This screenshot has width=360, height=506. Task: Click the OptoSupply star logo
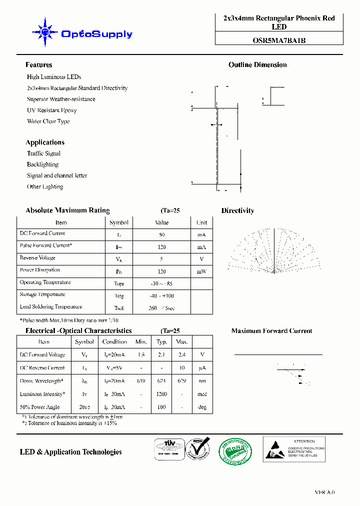pyautogui.click(x=45, y=32)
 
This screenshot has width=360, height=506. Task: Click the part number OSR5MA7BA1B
pyautogui.click(x=279, y=41)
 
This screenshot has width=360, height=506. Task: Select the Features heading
pyautogui.click(x=39, y=65)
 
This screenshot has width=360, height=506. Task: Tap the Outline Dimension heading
pyautogui.click(x=257, y=65)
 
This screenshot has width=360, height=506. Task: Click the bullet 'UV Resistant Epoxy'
pyautogui.click(x=52, y=110)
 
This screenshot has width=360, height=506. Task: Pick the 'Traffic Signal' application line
pyautogui.click(x=43, y=153)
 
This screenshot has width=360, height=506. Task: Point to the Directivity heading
pyautogui.click(x=237, y=211)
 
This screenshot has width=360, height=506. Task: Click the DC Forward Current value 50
pyautogui.click(x=161, y=234)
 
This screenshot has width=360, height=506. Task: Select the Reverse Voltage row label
pyautogui.click(x=37, y=258)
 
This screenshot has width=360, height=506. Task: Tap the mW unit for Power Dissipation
pyautogui.click(x=201, y=271)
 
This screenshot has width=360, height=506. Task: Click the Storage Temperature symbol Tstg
pyautogui.click(x=118, y=296)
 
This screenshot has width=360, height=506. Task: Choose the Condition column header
pyautogui.click(x=114, y=342)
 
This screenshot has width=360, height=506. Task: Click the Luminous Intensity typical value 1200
pyautogui.click(x=161, y=394)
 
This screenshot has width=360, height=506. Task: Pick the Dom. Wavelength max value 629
pyautogui.click(x=181, y=381)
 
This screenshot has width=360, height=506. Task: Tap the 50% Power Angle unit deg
pyautogui.click(x=202, y=407)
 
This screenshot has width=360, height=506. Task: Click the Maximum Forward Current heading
pyautogui.click(x=271, y=331)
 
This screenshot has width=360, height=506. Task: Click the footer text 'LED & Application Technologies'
pyautogui.click(x=70, y=452)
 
